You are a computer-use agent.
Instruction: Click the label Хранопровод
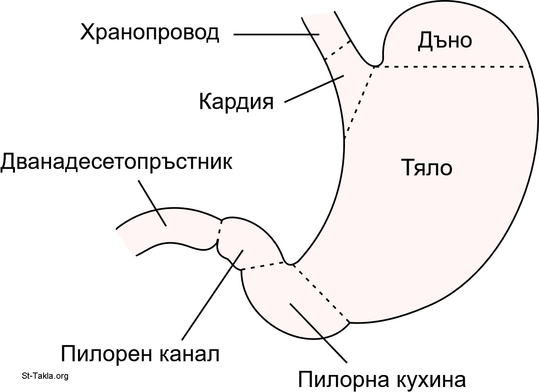(149, 33)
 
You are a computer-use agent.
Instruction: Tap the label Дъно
(444, 41)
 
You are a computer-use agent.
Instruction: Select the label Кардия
(236, 101)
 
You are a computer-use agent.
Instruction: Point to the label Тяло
(427, 168)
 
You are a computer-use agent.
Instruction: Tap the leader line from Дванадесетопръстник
(152, 203)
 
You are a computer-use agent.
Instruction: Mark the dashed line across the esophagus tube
(337, 50)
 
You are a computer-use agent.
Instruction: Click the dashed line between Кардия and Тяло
(359, 102)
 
